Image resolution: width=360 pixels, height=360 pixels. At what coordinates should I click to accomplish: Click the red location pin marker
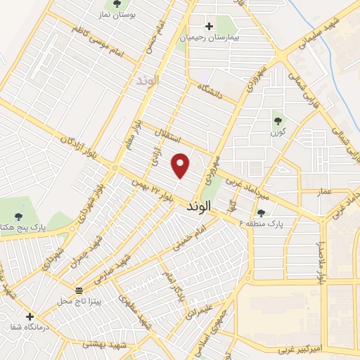[181, 165]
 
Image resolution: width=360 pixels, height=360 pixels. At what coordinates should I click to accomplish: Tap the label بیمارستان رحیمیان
[210, 38]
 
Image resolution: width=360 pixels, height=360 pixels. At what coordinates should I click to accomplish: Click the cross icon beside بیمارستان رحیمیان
[209, 26]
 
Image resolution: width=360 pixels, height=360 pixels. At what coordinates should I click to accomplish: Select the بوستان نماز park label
[136, 14]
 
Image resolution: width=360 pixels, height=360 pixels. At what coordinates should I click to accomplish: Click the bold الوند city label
[202, 209]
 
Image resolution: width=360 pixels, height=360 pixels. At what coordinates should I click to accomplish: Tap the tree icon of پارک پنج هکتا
[18, 216]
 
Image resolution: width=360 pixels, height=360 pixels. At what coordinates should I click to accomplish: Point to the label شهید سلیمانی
[326, 32]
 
